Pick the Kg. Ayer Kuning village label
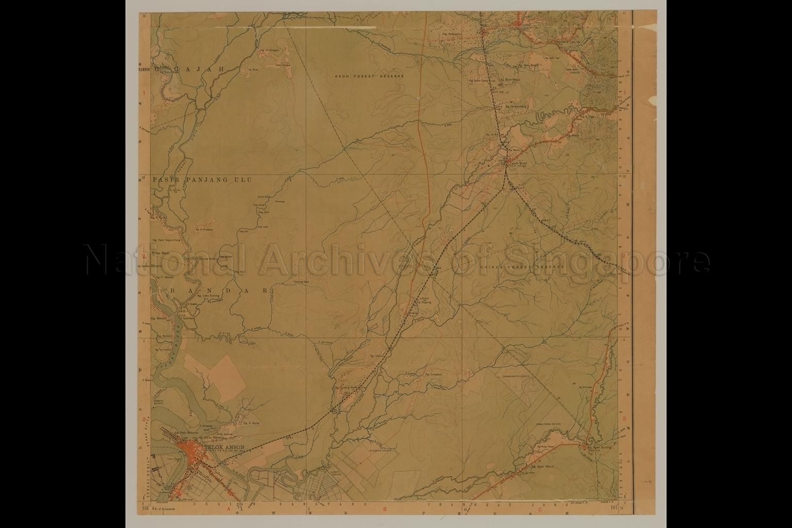600,448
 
